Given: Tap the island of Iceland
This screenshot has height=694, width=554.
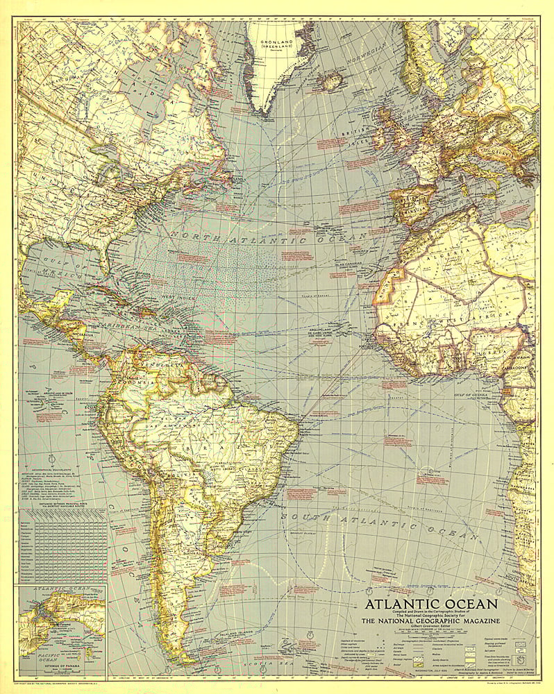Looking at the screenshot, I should coord(331,81).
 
